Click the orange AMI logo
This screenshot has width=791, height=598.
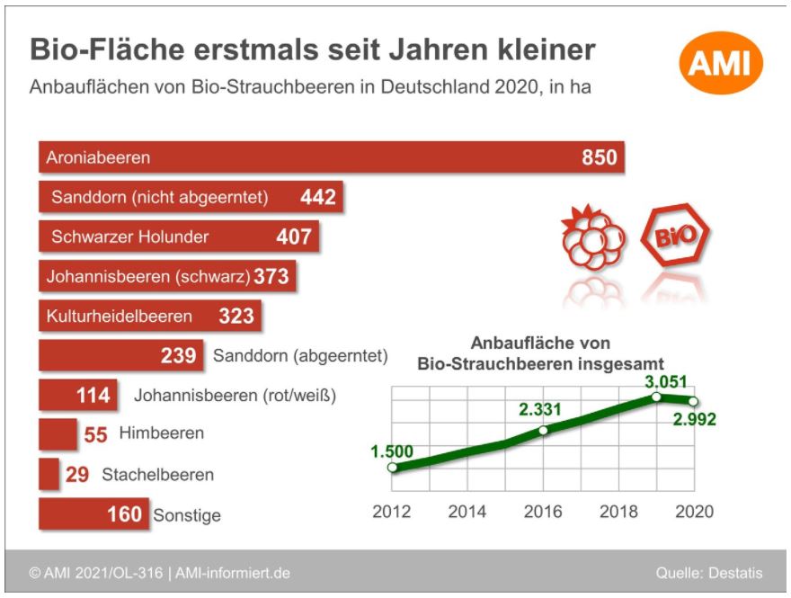720,62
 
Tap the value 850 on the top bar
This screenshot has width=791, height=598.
600,158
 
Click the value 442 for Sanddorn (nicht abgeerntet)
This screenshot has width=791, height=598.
317,197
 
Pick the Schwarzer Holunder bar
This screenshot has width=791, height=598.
179,237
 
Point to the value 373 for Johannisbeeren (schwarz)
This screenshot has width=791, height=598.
271,277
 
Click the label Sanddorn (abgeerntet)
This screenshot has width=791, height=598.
300,356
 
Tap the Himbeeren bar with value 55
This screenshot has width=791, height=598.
58,434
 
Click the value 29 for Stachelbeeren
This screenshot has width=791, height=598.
77,474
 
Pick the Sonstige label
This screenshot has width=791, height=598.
187,515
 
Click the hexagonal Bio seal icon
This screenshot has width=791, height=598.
674,239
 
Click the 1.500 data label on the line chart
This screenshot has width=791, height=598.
393,451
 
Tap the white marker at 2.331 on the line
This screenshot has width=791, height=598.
542,431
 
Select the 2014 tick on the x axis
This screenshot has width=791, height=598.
467,512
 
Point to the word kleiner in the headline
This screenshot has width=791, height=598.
540,49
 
